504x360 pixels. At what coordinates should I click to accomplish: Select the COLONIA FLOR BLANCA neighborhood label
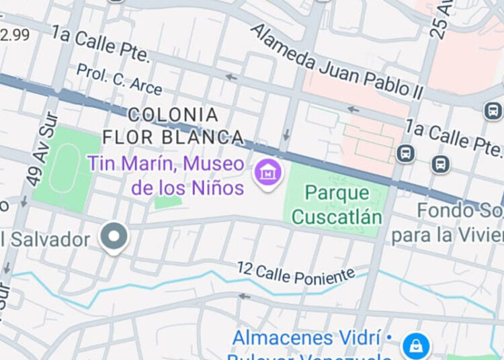pos(173,126)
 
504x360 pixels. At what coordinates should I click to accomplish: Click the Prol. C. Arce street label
pos(119,79)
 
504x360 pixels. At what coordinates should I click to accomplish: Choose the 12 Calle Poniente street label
pos(296,272)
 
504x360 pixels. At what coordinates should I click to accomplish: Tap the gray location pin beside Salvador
pos(114,237)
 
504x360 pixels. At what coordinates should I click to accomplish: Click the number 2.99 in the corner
pos(15,35)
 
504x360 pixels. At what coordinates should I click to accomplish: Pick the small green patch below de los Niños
pos(167,201)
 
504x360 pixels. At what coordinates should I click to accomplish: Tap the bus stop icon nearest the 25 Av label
pos(493,110)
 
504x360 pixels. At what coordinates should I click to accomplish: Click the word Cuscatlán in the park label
pos(337,217)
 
